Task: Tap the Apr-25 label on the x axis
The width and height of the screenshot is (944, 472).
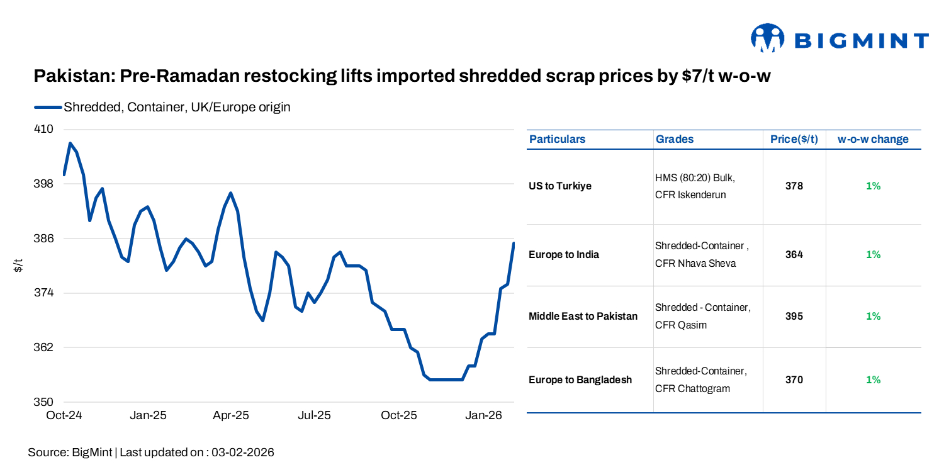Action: pos(231,415)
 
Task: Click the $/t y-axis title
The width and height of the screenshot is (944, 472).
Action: pos(18,266)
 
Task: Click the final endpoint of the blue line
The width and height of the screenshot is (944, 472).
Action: pos(514,244)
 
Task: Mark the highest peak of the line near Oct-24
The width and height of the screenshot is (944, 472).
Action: pos(70,143)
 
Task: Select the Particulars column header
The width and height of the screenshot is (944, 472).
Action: pos(557,139)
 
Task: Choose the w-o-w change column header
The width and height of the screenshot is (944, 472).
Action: pos(873,139)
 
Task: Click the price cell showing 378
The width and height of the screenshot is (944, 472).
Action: pos(794,186)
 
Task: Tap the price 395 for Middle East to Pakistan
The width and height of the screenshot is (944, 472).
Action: pos(794,317)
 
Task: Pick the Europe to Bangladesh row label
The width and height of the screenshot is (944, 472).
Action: pos(580,380)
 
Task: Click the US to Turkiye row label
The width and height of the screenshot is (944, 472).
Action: pos(560,186)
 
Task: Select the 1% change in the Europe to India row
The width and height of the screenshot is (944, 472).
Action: pos(873,255)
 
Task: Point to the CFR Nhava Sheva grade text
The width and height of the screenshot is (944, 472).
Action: pos(695,264)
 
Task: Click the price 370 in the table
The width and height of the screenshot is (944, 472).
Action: pos(794,380)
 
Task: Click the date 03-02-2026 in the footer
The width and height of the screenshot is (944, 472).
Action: pos(243,452)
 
